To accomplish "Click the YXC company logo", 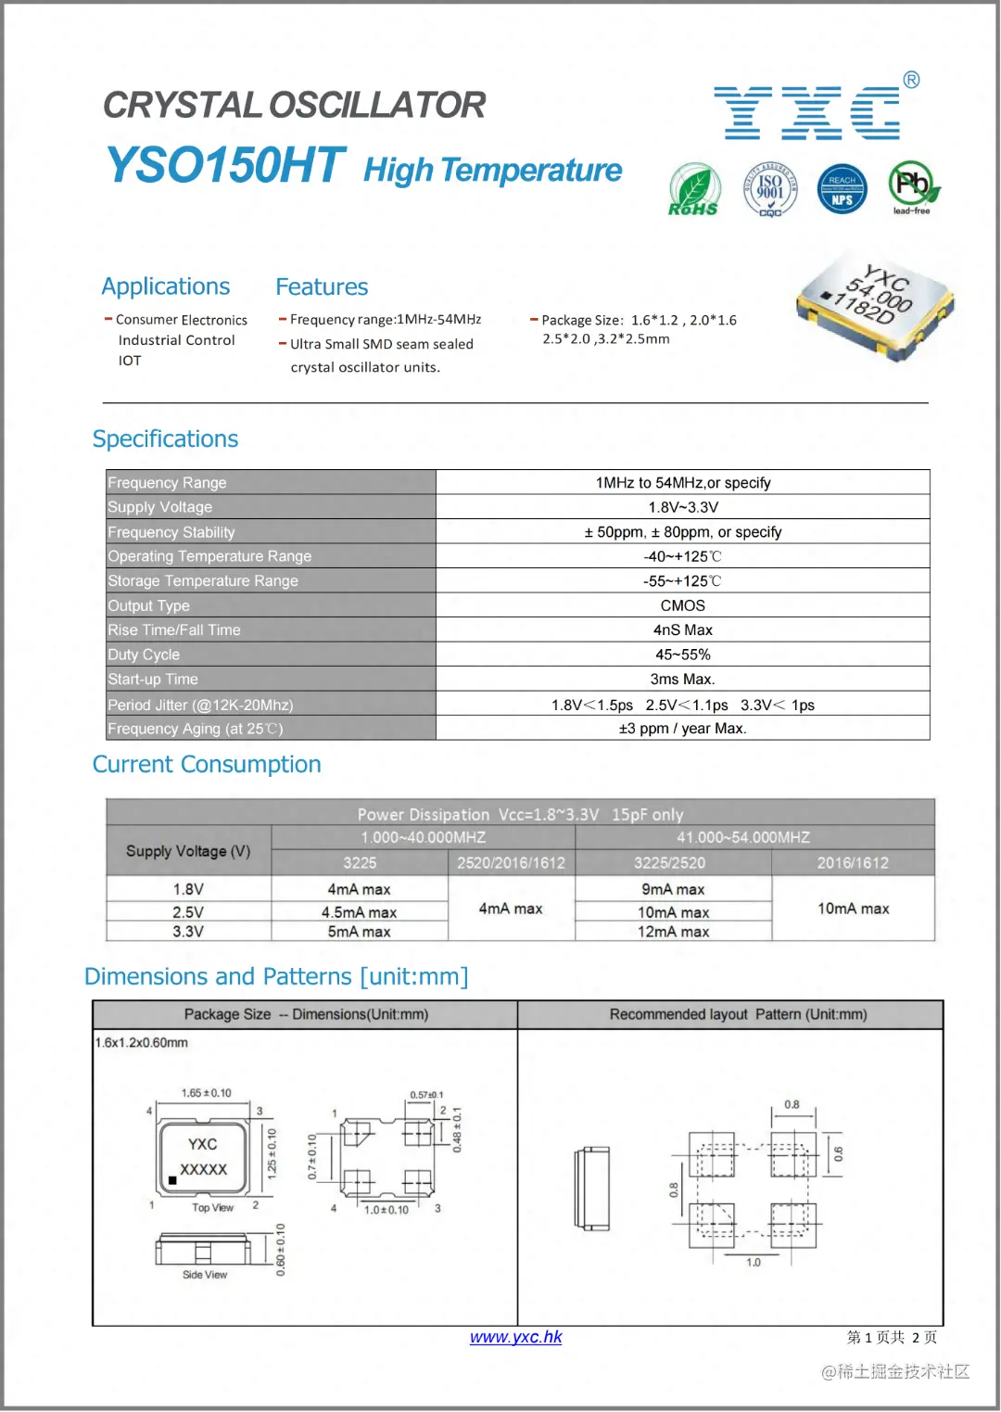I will pyautogui.click(x=811, y=112).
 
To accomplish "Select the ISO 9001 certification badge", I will pyautogui.click(x=770, y=189).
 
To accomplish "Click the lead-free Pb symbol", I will pyautogui.click(x=913, y=187).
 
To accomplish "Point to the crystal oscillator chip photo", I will pyautogui.click(x=875, y=305).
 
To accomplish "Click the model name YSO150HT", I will pyautogui.click(x=225, y=166).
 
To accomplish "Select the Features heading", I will pyautogui.click(x=322, y=287).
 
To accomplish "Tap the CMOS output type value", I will pyautogui.click(x=682, y=605).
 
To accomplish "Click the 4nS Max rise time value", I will pyautogui.click(x=682, y=630).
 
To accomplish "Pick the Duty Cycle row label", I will pyautogui.click(x=144, y=655).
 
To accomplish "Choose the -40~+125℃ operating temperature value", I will pyautogui.click(x=682, y=556).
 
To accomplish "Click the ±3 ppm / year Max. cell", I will pyautogui.click(x=682, y=729).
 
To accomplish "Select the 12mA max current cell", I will pyautogui.click(x=673, y=932).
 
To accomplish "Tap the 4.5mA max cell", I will pyautogui.click(x=359, y=912).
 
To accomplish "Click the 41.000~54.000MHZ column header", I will pyautogui.click(x=743, y=838).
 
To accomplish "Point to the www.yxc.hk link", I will pyautogui.click(x=515, y=1337).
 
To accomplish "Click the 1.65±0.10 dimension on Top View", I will pyautogui.click(x=206, y=1093).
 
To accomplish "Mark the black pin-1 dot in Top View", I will pyautogui.click(x=172, y=1181).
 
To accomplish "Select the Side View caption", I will pyautogui.click(x=205, y=1275).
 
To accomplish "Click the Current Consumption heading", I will pyautogui.click(x=207, y=765).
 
